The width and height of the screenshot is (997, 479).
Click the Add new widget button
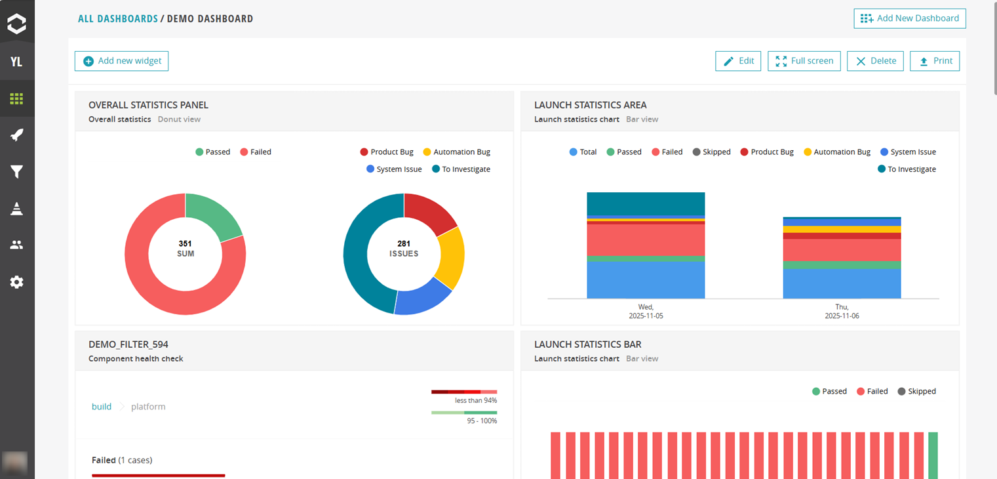coord(122,61)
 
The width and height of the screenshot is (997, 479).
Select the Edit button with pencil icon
coord(738,61)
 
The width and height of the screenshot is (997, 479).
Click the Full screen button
coord(804,61)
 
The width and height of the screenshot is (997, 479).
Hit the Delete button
coord(876,61)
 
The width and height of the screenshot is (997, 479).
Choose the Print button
coord(935,61)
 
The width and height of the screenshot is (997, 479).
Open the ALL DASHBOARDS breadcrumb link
coord(118,19)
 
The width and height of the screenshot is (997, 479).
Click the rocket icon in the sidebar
coord(17,135)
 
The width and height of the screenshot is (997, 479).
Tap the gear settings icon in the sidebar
coord(17,282)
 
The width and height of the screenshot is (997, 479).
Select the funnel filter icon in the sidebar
coord(17,172)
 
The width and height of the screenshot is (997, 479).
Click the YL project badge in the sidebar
coord(17,62)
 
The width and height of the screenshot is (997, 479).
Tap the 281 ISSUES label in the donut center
coord(404,249)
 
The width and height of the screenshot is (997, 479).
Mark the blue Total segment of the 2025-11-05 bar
coord(646,280)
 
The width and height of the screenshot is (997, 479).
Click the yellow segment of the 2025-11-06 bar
coord(842,229)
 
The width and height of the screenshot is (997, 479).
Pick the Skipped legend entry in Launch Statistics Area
coord(711,152)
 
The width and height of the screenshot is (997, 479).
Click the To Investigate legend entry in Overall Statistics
coord(461,169)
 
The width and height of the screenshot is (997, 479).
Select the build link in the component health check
coord(102,407)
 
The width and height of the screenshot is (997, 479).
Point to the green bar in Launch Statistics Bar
coord(933,455)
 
